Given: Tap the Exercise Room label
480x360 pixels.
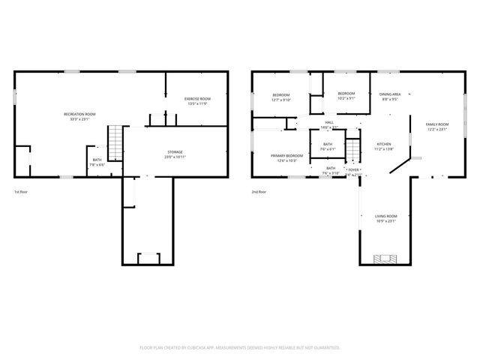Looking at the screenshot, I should coord(198,99).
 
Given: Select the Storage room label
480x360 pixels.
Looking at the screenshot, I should coord(174,152).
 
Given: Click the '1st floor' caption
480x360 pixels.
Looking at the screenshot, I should coord(21,192).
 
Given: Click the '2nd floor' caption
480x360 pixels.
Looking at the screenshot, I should coord(258,192).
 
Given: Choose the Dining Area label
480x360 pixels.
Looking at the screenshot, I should coord(390,94).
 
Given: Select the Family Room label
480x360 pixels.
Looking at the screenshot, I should coord(436,124).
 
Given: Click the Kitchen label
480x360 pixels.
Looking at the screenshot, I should coord(383,143).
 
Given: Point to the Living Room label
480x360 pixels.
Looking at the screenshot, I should coord(385,216).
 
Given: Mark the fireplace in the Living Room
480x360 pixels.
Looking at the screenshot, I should coord(386,259).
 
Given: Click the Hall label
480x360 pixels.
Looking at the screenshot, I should coord(329,122).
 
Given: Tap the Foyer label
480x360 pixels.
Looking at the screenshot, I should coord(353,170).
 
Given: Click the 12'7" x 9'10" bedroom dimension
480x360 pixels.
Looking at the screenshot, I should coord(281,100).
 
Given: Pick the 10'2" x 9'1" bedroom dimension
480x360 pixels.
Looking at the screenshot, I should coord(346,98).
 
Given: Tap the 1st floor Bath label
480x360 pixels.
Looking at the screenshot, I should coord(97,159).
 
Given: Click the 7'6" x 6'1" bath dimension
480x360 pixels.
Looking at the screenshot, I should coord(328,149).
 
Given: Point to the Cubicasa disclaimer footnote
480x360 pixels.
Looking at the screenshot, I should coord(240,347).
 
